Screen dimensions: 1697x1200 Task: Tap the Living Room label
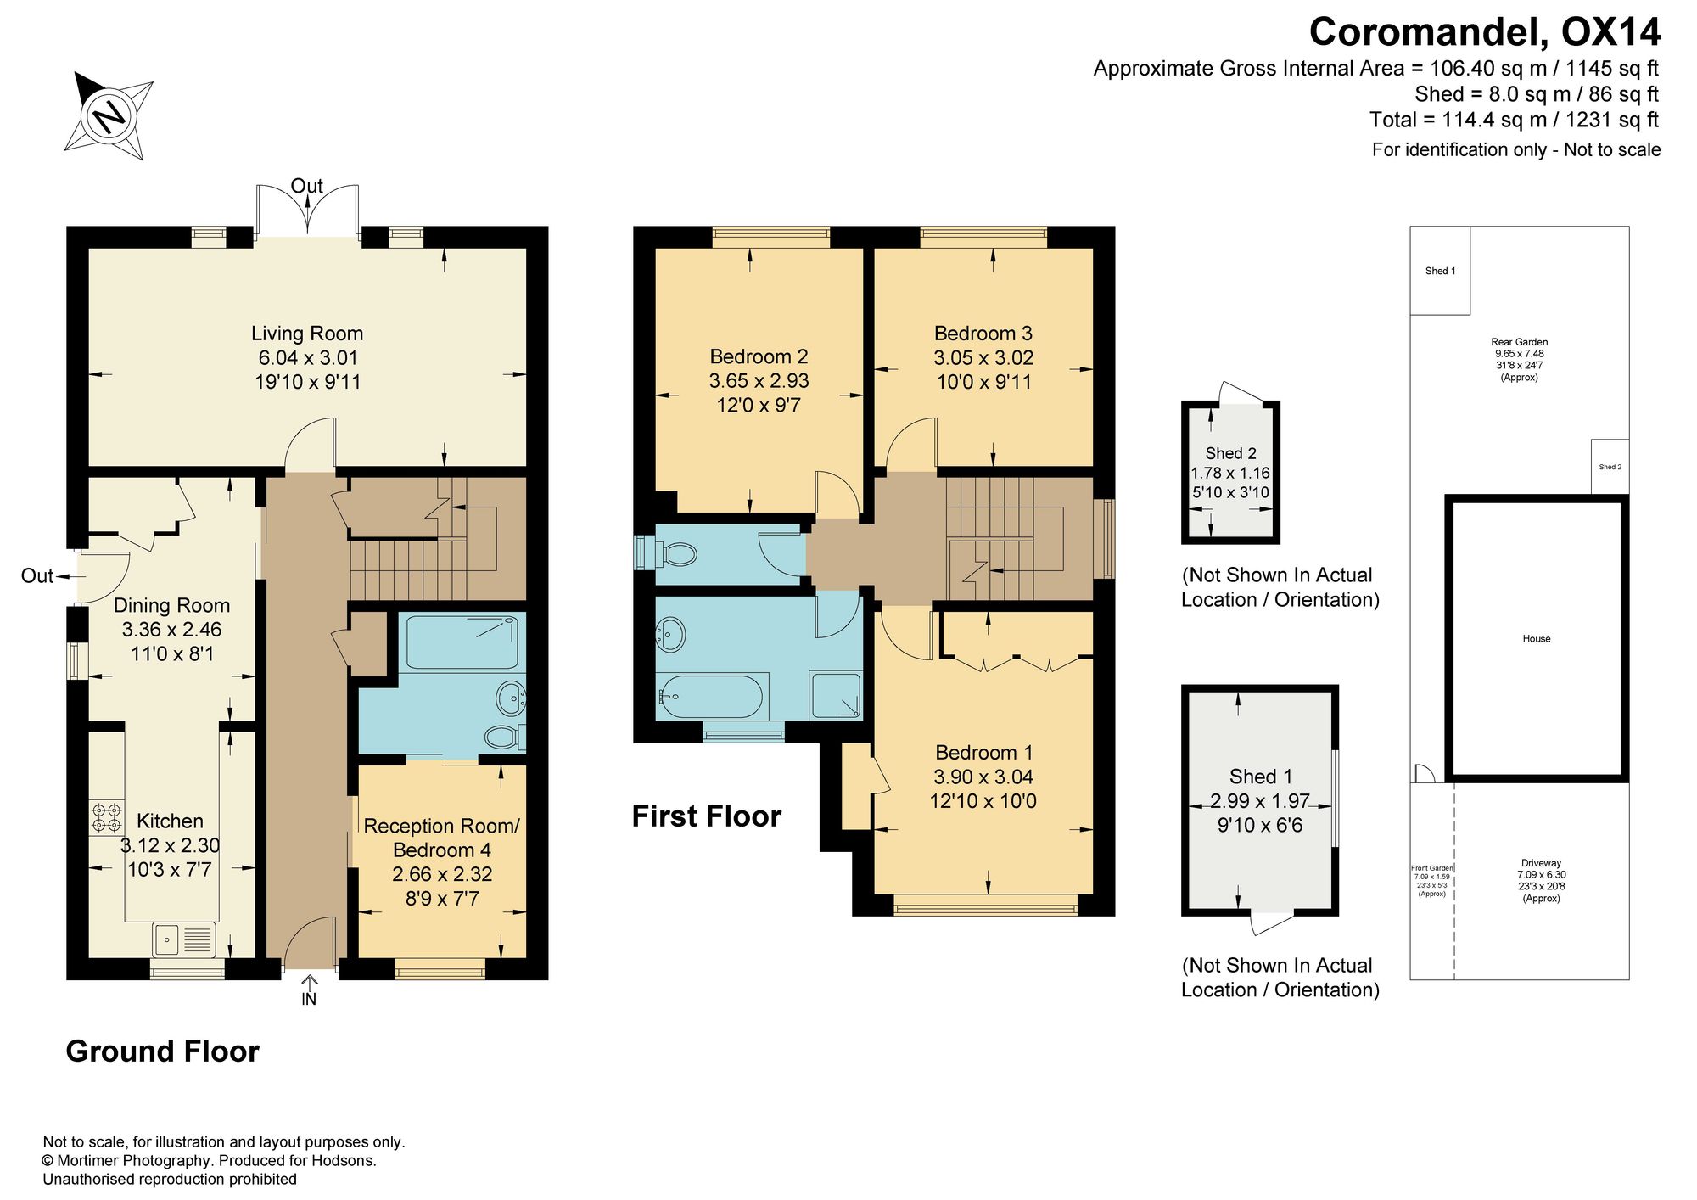[x=307, y=334]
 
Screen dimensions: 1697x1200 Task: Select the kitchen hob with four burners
[x=107, y=816]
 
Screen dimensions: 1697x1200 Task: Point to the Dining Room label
[x=172, y=605]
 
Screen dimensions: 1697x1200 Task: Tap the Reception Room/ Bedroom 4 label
[x=441, y=838]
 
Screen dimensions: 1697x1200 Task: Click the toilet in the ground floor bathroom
[x=502, y=737]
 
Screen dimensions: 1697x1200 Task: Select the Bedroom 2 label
[x=759, y=356]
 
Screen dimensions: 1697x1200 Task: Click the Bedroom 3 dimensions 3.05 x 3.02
[x=983, y=357]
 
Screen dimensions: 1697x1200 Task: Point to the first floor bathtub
[x=713, y=697]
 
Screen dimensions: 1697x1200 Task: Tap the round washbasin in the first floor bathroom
[x=671, y=634]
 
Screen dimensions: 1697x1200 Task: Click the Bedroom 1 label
[x=983, y=752]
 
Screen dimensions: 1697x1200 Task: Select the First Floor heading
[x=706, y=816]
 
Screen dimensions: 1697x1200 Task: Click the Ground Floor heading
[x=162, y=1051]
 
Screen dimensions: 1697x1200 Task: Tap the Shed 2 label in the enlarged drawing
[x=1230, y=453]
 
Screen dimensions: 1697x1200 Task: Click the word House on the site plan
[x=1537, y=639]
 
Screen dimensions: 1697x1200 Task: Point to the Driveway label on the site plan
[x=1541, y=863]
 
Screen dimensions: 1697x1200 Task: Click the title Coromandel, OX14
[x=1485, y=32]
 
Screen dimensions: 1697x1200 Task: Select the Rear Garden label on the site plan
[x=1519, y=342]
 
